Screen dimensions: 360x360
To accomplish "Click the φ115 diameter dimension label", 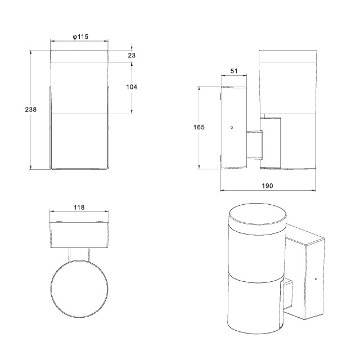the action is [80, 37].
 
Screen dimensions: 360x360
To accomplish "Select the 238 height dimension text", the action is [31, 110].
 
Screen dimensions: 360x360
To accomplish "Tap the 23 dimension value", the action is [132, 55].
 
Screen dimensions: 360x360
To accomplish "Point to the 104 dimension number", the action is [132, 87].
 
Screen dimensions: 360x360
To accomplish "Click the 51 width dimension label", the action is [234, 71].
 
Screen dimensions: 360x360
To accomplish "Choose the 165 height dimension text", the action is [199, 127].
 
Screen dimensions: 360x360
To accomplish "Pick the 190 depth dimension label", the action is [268, 186].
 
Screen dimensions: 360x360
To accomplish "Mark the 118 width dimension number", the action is [79, 208].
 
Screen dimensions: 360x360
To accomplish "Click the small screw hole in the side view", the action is [232, 128].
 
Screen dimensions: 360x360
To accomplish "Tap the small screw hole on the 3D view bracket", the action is [316, 279].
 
